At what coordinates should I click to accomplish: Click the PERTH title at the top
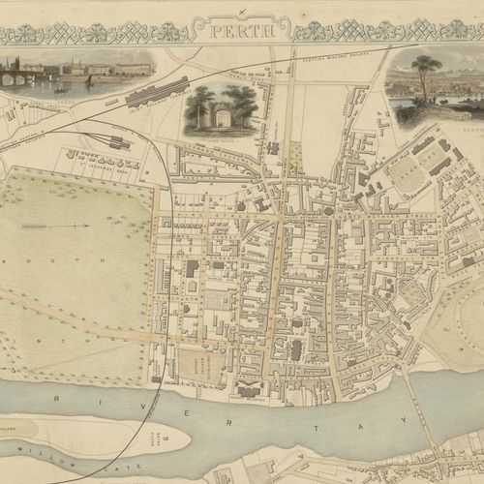pyautogui.click(x=242, y=30)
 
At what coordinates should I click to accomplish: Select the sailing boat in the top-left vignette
pyautogui.click(x=88, y=81)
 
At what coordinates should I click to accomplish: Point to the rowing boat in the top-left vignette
pyautogui.click(x=60, y=90)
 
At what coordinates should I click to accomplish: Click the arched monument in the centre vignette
pyautogui.click(x=221, y=118)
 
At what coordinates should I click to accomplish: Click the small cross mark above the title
pyautogui.click(x=241, y=11)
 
